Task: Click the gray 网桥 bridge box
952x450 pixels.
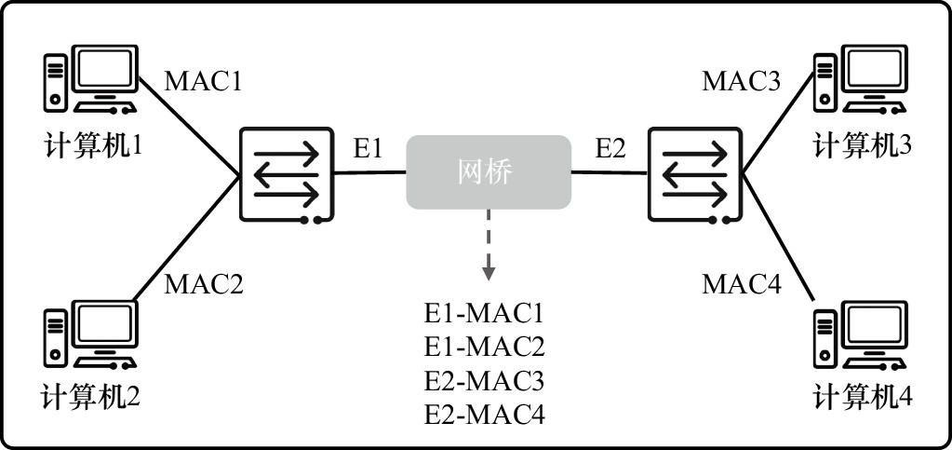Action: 487,172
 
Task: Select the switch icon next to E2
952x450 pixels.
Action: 693,173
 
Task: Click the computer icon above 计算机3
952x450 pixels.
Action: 861,78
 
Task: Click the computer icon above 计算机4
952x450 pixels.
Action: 861,334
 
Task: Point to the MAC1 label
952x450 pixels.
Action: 204,81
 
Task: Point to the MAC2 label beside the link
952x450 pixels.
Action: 204,283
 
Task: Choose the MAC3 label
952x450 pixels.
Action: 741,81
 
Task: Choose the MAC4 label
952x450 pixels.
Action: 741,283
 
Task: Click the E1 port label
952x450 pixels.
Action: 368,148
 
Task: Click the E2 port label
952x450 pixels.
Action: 610,148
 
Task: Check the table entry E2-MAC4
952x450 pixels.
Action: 483,414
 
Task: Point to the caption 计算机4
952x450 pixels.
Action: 864,398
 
